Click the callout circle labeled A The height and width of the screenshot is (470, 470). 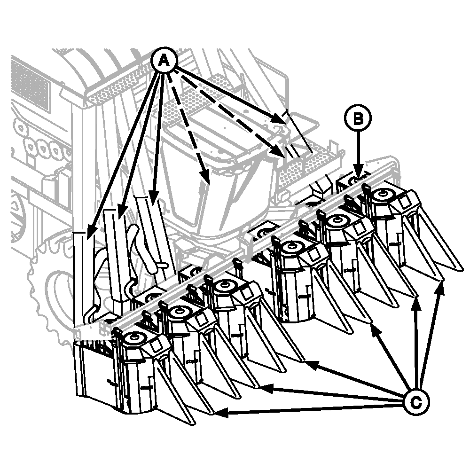coord(164,61)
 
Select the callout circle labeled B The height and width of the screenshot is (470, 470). coord(358,118)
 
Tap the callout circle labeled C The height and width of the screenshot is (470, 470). coord(416,402)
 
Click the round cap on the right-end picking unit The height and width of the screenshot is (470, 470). coord(382,194)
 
